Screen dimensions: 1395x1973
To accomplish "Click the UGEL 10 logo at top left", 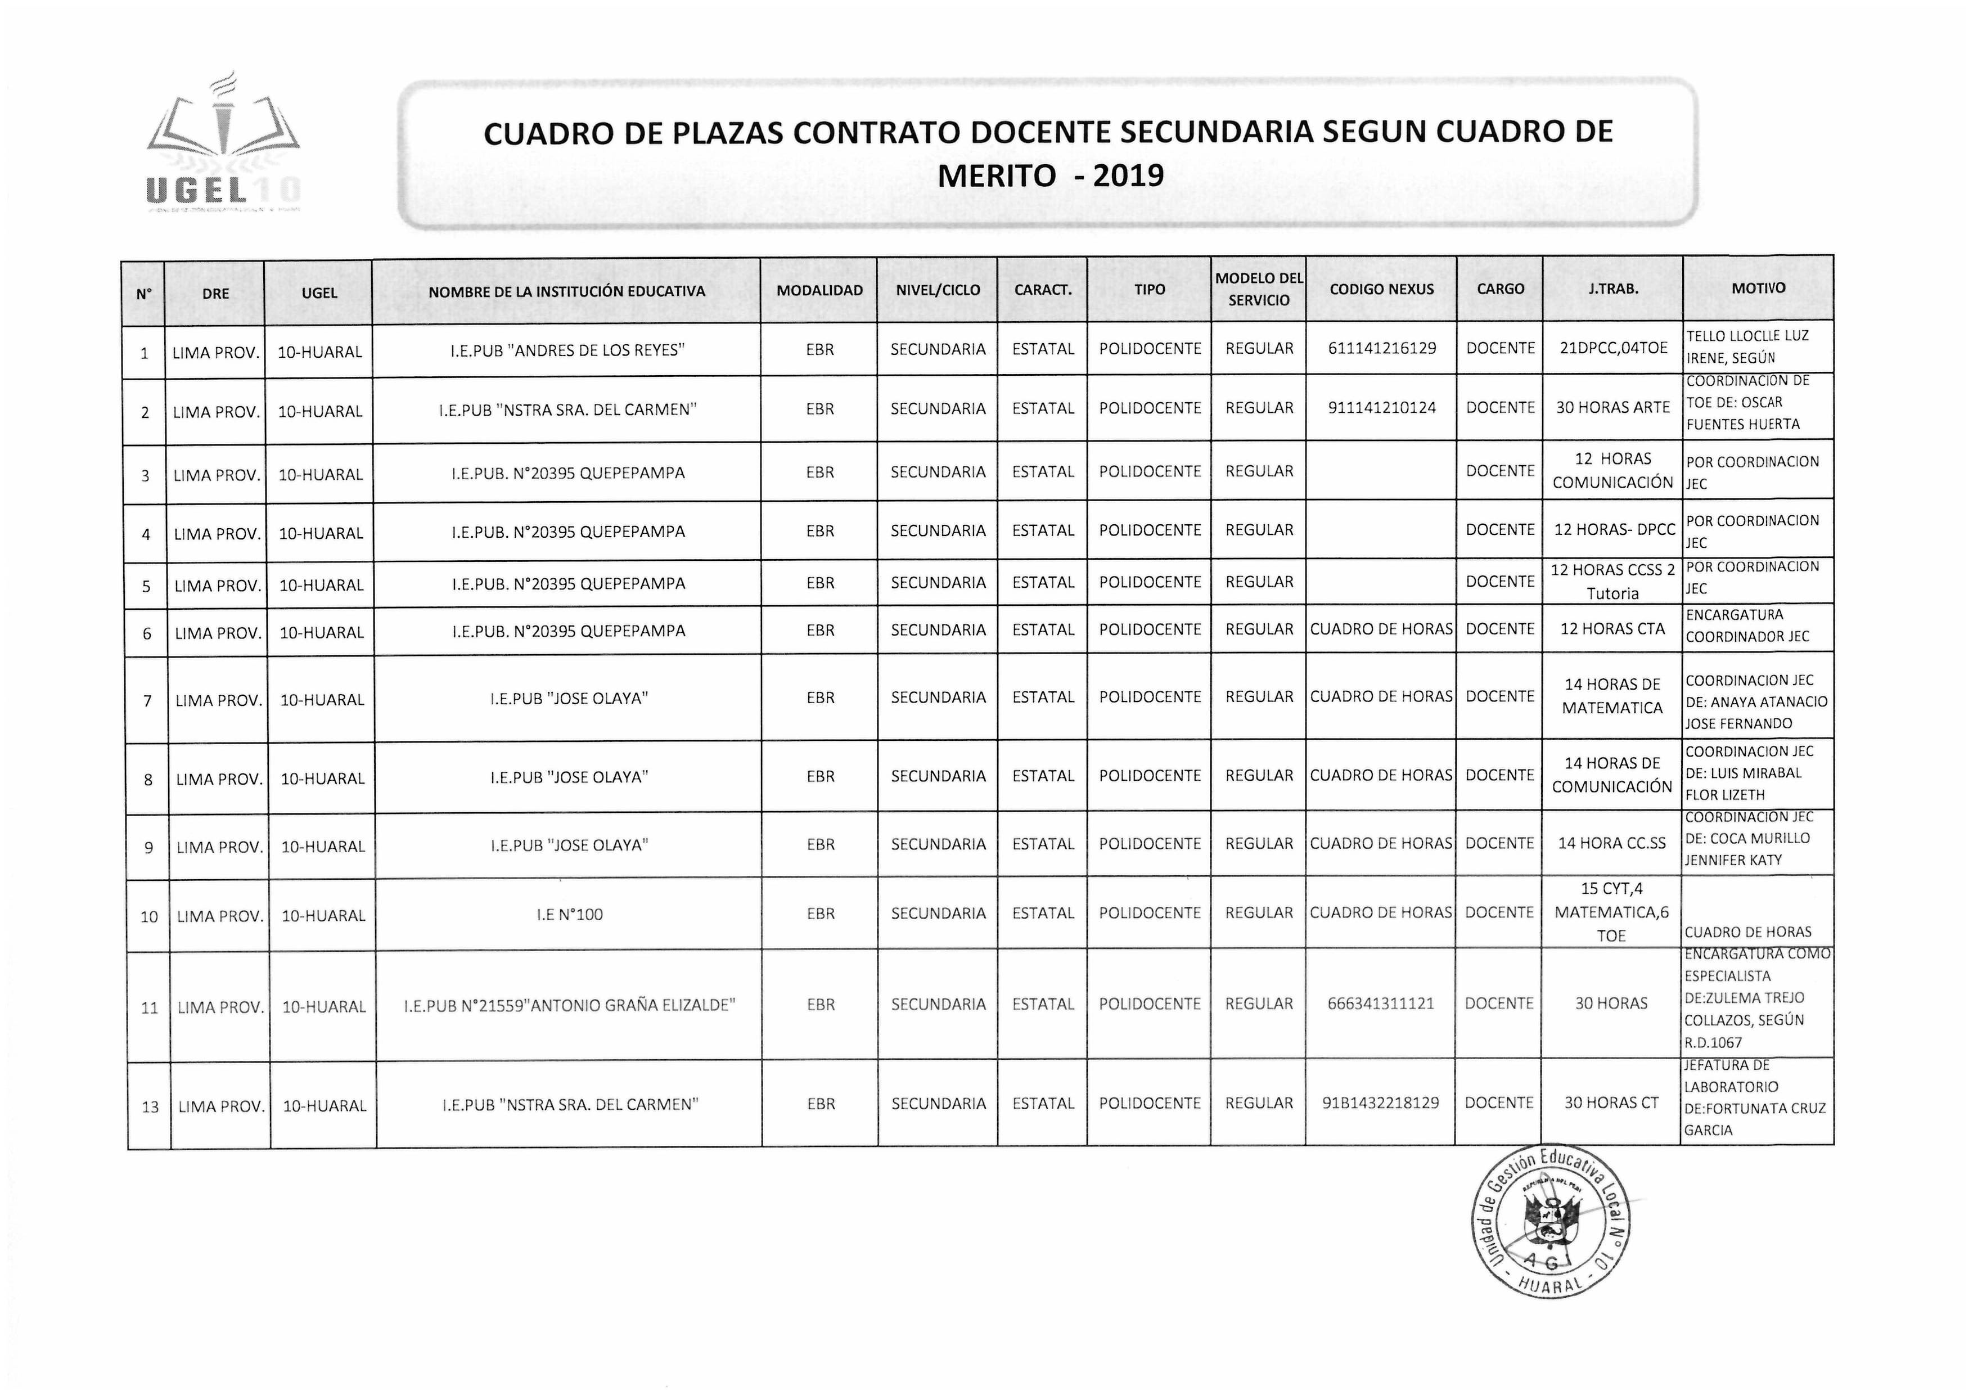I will coord(223,146).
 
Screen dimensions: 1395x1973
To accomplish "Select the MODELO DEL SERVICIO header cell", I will coord(1258,290).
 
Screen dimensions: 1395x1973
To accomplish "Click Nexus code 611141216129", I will coord(1381,349).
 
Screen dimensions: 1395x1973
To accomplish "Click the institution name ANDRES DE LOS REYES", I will coord(567,350).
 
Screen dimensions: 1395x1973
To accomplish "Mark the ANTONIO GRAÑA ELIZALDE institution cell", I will coord(569,1005).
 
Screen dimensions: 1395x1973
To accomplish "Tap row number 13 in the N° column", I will coord(150,1107).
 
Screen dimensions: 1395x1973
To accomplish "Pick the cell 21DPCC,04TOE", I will coord(1613,349).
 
